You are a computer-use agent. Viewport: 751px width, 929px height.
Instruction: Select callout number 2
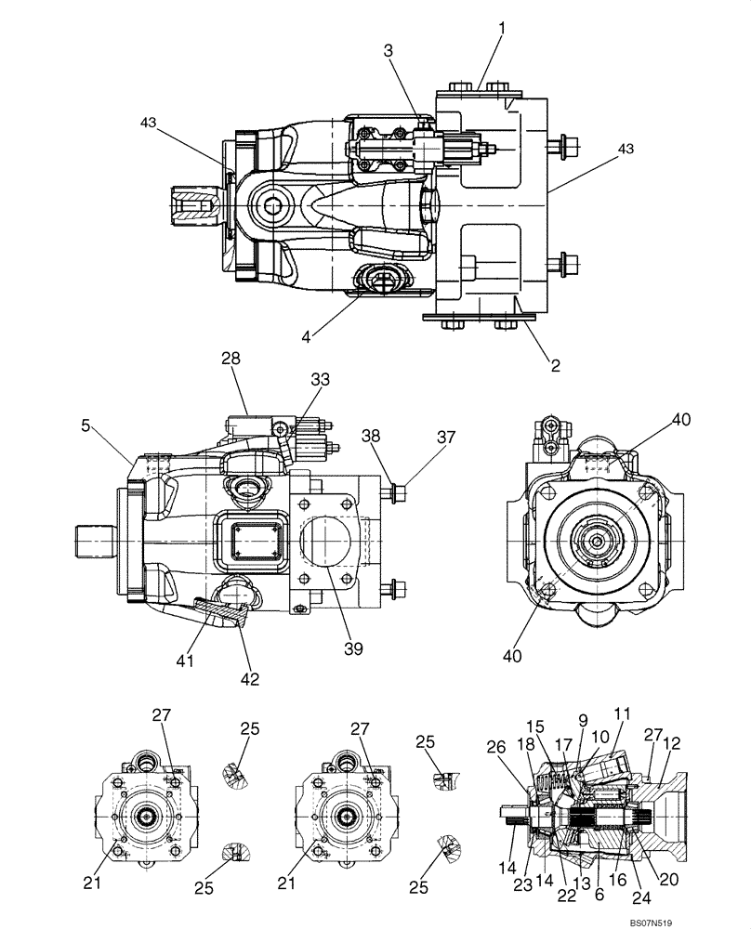[555, 365]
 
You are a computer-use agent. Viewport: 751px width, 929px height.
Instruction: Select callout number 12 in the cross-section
[673, 743]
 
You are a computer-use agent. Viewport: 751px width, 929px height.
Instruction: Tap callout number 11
[622, 713]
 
